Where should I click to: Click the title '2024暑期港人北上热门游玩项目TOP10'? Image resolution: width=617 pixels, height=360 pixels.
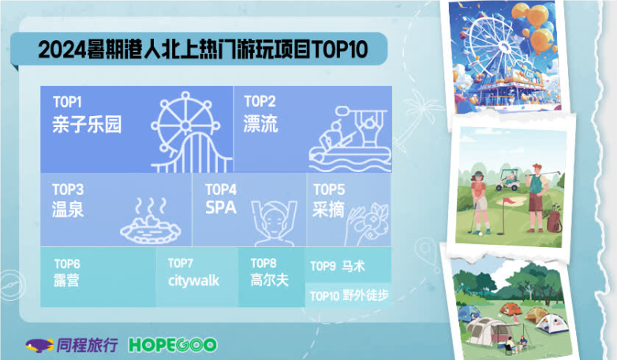tap(203, 50)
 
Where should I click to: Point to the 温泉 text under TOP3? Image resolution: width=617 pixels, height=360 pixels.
tap(68, 210)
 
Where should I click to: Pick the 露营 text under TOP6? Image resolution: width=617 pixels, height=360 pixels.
tap(67, 280)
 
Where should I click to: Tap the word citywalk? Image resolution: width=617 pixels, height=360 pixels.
tap(193, 280)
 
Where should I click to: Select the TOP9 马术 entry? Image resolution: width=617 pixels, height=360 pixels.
tap(338, 266)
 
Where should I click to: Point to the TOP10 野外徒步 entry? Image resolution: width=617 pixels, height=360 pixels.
tap(348, 295)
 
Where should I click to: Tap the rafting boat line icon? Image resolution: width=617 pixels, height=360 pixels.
tap(346, 138)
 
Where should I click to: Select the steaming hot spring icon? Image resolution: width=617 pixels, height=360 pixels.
tap(149, 222)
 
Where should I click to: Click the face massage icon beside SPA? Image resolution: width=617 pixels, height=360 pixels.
tap(273, 220)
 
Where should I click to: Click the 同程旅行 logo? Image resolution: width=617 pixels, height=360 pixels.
tap(73, 345)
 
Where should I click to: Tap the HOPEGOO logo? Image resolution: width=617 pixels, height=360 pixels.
tap(172, 345)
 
